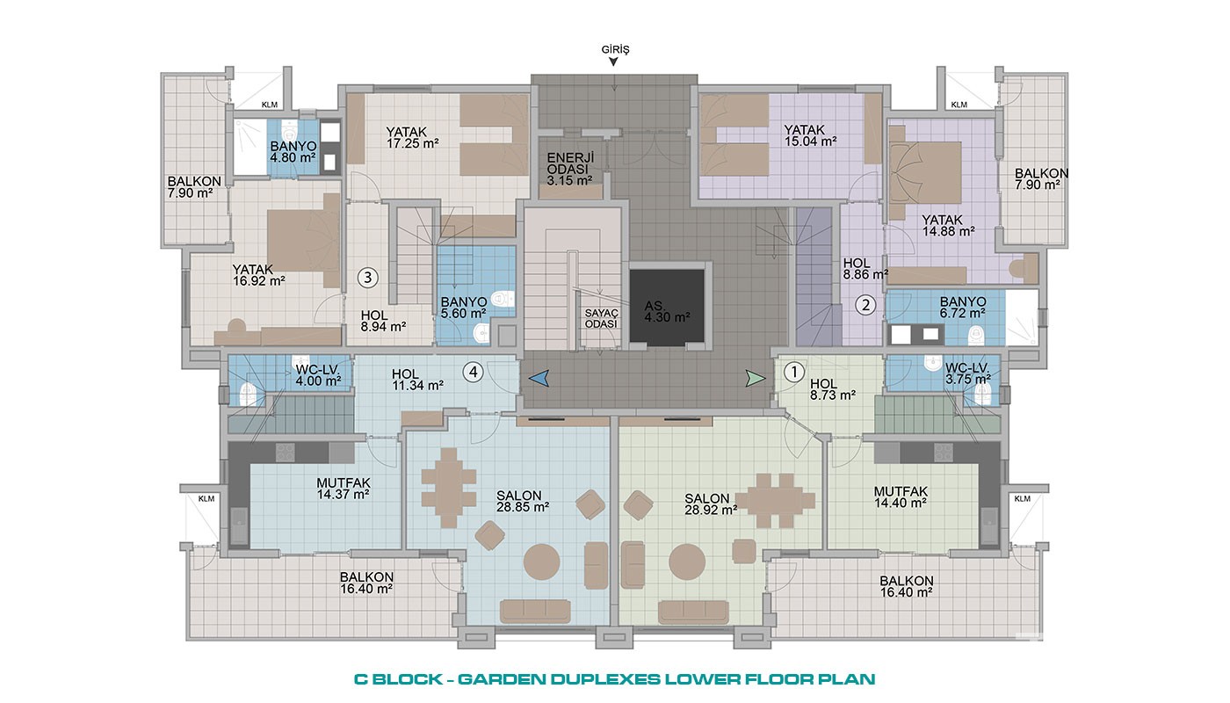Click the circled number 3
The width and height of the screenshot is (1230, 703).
368,278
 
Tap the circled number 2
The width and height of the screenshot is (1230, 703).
866,305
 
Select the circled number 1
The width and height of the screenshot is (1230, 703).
793,373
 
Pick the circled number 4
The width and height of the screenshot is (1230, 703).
473,373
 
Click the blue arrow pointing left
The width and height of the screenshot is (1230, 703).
539,379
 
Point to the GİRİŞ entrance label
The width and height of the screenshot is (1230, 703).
615,49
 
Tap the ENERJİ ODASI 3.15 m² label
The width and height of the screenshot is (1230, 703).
570,169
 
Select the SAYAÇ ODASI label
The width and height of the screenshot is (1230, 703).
601,318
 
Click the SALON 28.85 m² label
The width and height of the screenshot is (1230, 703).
522,502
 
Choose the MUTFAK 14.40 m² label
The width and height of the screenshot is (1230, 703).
901,497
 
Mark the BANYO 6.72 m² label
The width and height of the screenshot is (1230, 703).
963,308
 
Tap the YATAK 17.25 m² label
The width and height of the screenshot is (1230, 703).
412,138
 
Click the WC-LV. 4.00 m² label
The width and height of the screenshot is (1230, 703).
318,374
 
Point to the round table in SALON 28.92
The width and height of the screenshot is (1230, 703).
687,562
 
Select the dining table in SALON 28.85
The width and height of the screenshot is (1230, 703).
449,488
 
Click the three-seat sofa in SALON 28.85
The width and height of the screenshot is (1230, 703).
535,612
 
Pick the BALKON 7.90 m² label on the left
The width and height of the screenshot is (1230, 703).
194,187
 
